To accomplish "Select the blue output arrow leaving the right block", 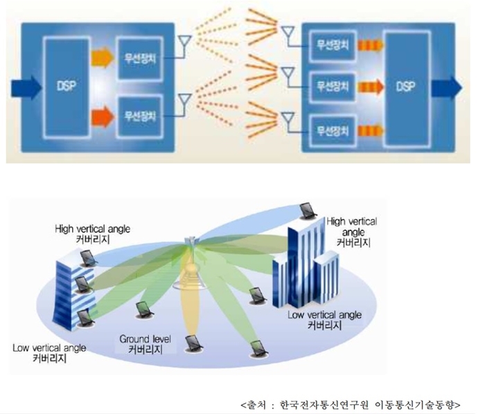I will [446, 87].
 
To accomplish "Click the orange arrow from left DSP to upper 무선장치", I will [101, 55].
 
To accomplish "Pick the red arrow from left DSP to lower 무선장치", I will [101, 109].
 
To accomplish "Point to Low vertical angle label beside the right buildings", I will [330, 314].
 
